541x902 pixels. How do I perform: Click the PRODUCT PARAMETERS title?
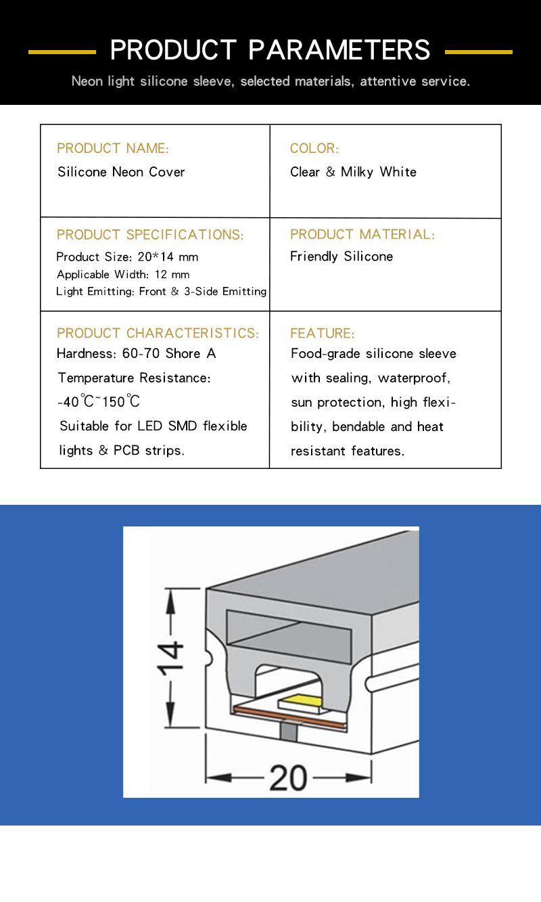(270, 50)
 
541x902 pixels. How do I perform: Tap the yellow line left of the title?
(62, 51)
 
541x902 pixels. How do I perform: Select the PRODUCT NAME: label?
(113, 148)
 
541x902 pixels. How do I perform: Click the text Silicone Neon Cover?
(121, 172)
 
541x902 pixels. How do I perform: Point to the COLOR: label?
(314, 148)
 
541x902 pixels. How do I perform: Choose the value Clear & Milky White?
(353, 172)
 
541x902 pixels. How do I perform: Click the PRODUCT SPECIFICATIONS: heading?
(150, 235)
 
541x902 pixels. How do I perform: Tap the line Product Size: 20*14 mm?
(127, 257)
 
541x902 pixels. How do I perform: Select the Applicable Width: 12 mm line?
(123, 275)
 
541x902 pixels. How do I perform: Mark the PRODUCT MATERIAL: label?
(362, 234)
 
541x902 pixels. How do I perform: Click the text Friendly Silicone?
(342, 256)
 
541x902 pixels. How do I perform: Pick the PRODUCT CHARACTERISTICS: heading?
(158, 333)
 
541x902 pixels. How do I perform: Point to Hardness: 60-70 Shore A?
(136, 353)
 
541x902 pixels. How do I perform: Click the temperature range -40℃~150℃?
(99, 402)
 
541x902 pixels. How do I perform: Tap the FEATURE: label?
(322, 333)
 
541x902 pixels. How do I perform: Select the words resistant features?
(348, 451)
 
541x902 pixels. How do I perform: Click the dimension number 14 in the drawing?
(170, 658)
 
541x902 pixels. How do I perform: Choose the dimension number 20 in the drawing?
(288, 778)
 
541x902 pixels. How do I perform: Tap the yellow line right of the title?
(478, 51)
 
